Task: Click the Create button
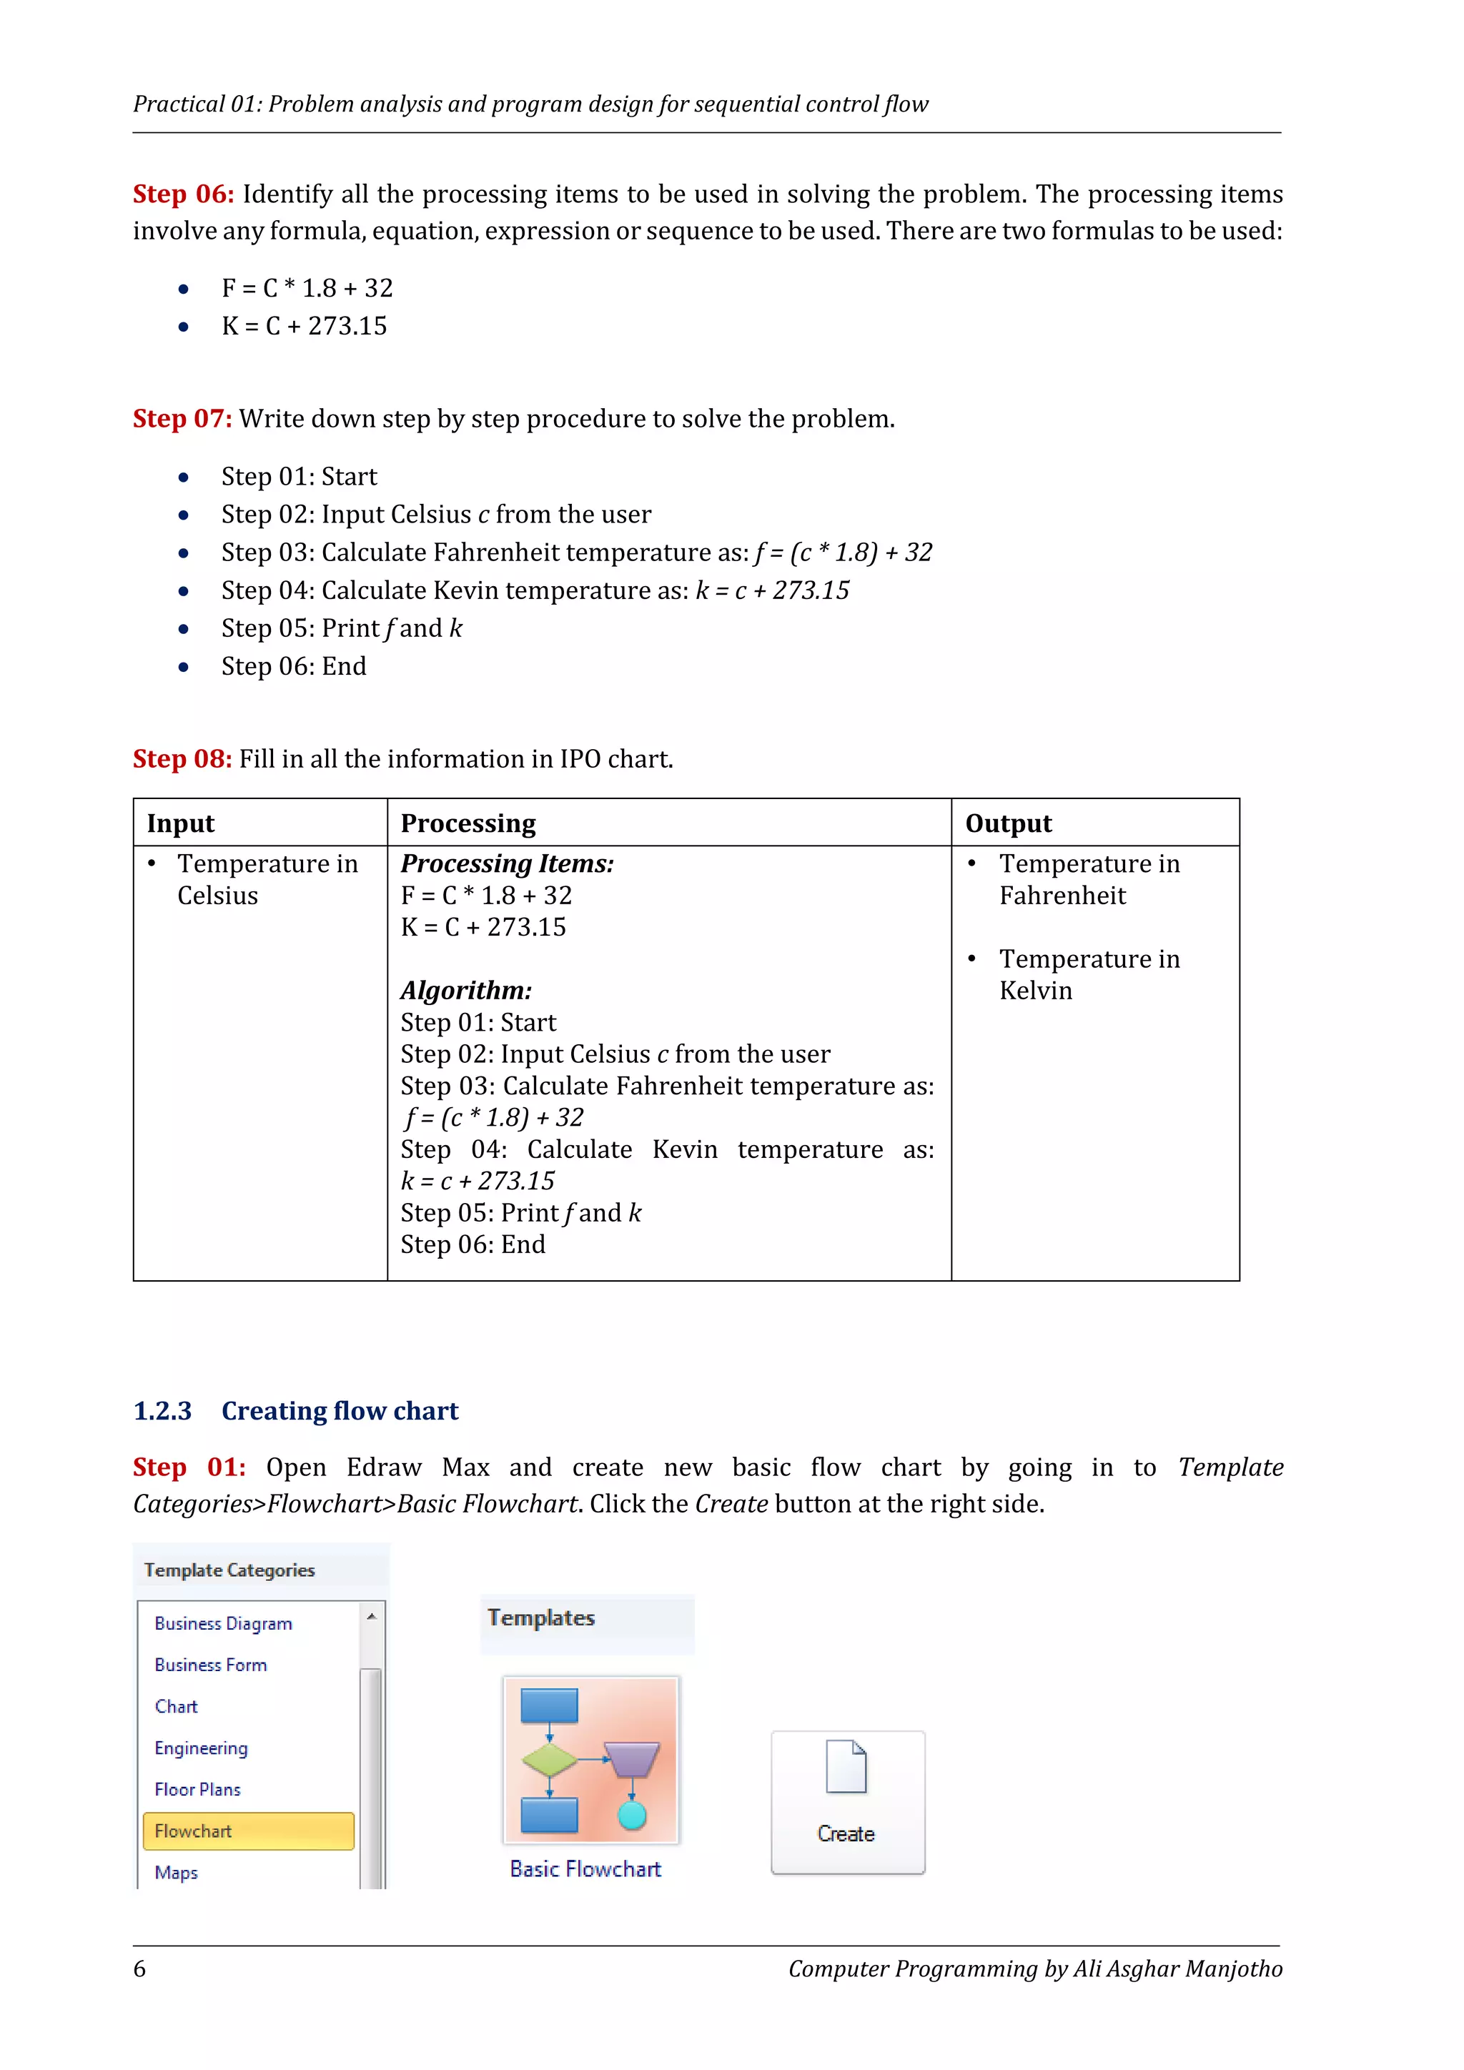(x=847, y=1803)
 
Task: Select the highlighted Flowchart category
(x=248, y=1831)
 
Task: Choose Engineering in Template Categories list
(x=201, y=1748)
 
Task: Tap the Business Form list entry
(x=211, y=1665)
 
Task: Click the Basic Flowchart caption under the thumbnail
(x=586, y=1869)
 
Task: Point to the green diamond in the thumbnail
(x=550, y=1760)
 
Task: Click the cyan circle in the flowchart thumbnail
(x=633, y=1816)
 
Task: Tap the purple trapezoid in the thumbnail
(x=632, y=1759)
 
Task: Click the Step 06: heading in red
(x=184, y=194)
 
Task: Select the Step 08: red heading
(x=183, y=759)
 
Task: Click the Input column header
(x=181, y=823)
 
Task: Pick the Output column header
(x=1009, y=823)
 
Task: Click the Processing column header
(x=468, y=823)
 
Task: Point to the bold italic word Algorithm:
(x=466, y=990)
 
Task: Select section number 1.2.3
(x=162, y=1411)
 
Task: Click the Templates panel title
(x=542, y=1618)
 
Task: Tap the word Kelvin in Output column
(x=1036, y=991)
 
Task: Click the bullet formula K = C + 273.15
(x=304, y=327)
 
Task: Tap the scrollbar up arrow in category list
(x=372, y=1617)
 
